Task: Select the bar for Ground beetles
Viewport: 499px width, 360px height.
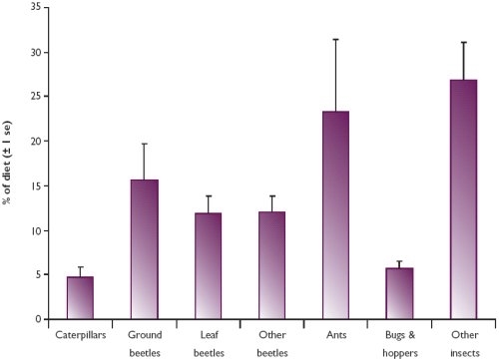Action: tap(144, 249)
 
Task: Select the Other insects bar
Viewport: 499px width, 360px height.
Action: tap(463, 199)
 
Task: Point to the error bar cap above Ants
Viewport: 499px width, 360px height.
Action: tap(335, 39)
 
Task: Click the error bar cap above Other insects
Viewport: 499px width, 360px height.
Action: tap(463, 42)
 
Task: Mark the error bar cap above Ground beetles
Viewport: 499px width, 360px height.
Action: tap(144, 144)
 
